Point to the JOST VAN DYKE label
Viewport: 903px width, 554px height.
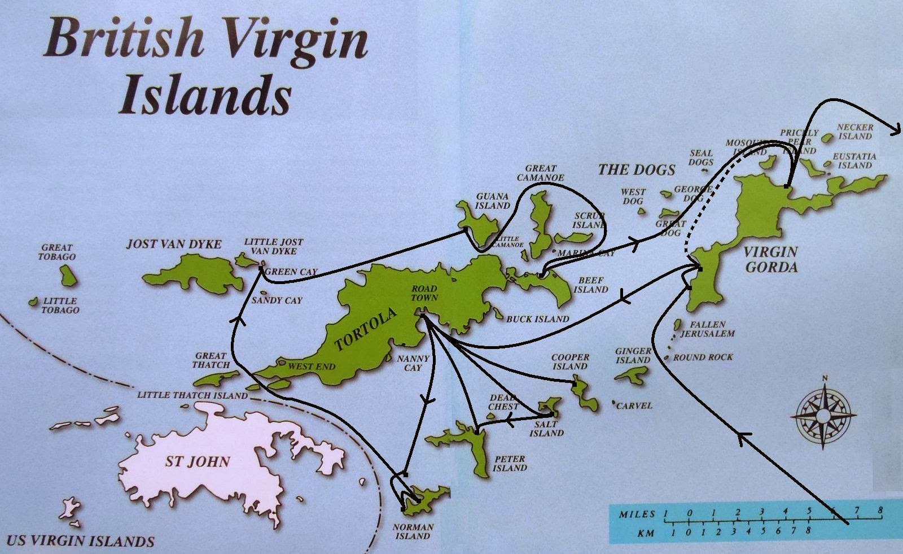[x=173, y=244]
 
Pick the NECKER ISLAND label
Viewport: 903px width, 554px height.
[x=854, y=132]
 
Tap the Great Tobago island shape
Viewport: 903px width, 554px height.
[x=68, y=275]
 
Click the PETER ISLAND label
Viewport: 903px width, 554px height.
[x=510, y=463]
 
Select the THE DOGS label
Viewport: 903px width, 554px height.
[x=637, y=169]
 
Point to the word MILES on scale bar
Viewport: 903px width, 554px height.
[x=637, y=514]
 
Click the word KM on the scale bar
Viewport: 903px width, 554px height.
[x=645, y=533]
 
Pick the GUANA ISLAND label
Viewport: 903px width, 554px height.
[x=492, y=201]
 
